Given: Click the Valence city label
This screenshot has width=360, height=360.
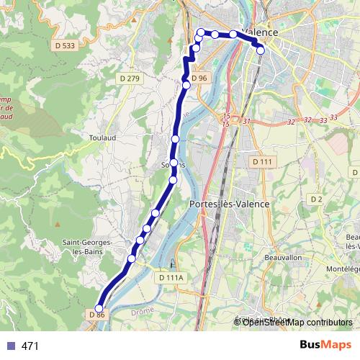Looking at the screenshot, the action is (x=261, y=32).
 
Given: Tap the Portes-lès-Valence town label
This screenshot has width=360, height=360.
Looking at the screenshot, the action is (x=228, y=204).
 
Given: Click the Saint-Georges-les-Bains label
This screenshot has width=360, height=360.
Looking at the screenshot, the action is (x=87, y=248).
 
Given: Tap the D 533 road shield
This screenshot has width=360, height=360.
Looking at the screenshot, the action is (x=64, y=45).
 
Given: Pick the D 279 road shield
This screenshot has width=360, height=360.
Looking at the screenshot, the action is (x=130, y=78).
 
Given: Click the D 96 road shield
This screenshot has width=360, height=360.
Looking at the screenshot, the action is (x=199, y=78).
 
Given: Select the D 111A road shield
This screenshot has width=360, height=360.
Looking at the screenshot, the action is (x=171, y=277).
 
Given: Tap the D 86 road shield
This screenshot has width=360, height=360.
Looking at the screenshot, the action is (x=98, y=315).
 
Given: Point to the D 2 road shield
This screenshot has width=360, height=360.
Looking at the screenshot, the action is (x=316, y=199).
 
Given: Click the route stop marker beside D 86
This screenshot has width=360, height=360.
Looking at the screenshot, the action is (x=99, y=309).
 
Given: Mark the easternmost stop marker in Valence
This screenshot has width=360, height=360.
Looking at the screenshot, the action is (x=261, y=50).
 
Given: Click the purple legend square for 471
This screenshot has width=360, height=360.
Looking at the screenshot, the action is (x=10, y=346).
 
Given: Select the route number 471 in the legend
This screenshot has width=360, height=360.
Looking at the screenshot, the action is (x=30, y=346).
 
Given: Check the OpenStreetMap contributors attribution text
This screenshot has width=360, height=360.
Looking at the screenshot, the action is (x=297, y=322).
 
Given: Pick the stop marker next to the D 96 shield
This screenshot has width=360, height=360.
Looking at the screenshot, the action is (x=186, y=85).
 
